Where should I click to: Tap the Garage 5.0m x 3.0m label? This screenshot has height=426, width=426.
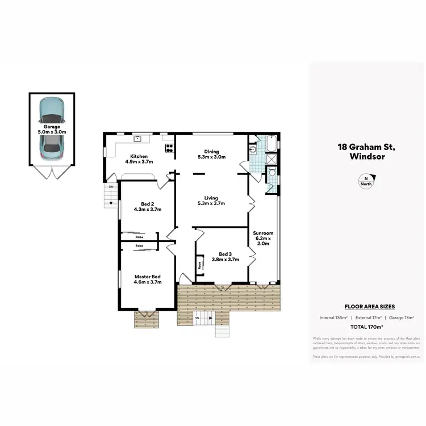point(51,129)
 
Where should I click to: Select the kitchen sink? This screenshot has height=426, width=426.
point(137,138)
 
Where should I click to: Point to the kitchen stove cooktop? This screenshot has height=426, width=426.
point(169,148)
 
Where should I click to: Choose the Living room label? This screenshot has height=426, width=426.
point(211,200)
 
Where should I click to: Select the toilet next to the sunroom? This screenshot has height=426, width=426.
point(272,171)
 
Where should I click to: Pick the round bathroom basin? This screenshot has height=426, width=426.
point(253,150)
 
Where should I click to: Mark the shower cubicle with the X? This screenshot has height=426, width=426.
point(271,159)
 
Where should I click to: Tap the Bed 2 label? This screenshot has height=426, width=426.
point(147,206)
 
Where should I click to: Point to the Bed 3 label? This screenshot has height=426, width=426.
point(225,257)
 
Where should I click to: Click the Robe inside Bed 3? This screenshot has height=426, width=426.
point(200,265)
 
